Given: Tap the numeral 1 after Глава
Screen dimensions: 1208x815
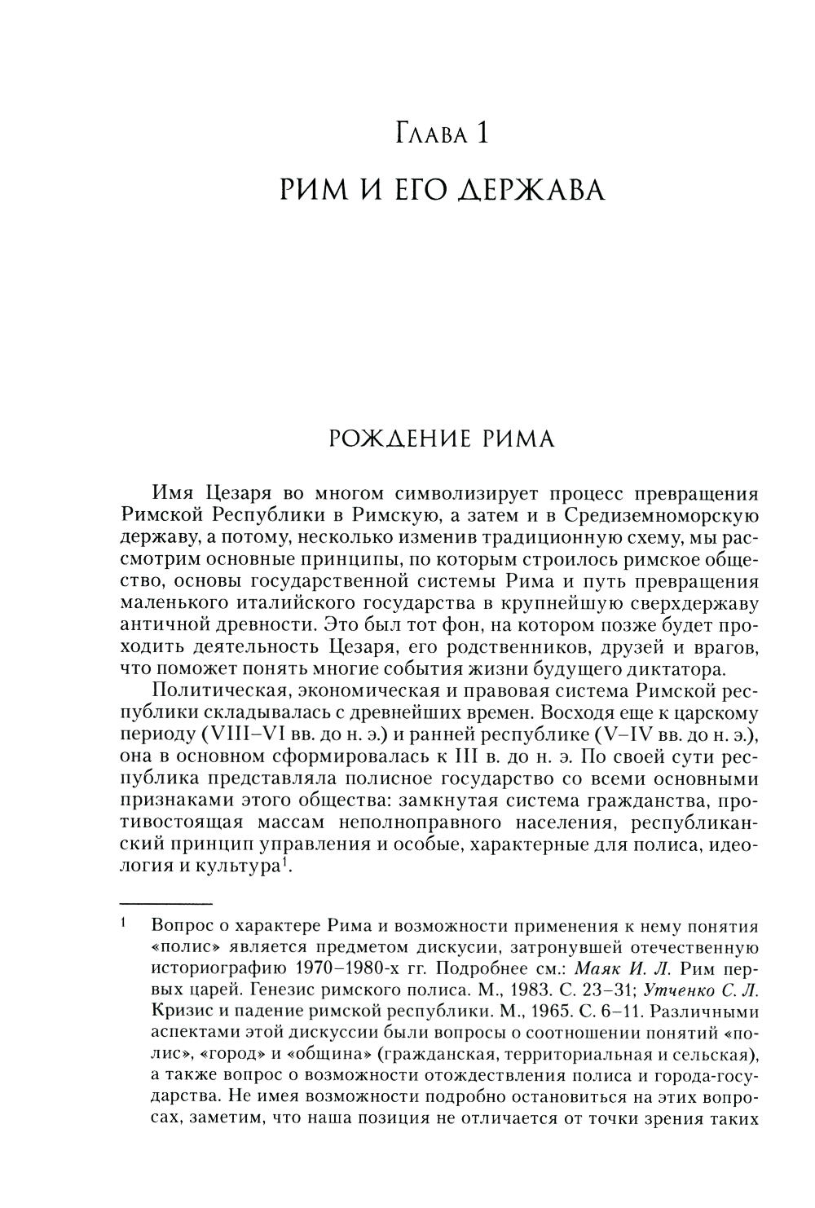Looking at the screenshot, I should tap(482, 132).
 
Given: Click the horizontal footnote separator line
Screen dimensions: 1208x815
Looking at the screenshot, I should tap(165, 904).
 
